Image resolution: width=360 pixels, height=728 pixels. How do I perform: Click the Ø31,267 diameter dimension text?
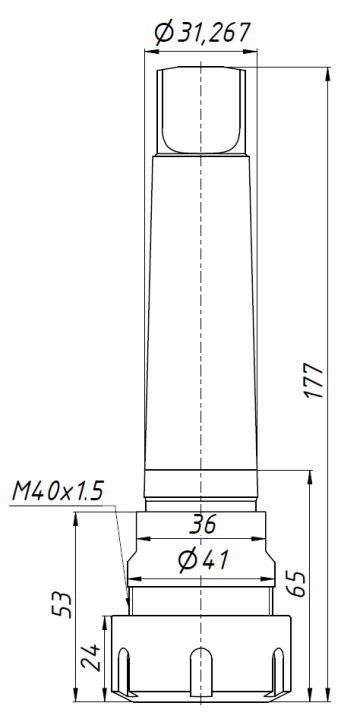(202, 33)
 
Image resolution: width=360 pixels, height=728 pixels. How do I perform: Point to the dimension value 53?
(61, 606)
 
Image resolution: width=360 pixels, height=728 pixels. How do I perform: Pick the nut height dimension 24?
(91, 660)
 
